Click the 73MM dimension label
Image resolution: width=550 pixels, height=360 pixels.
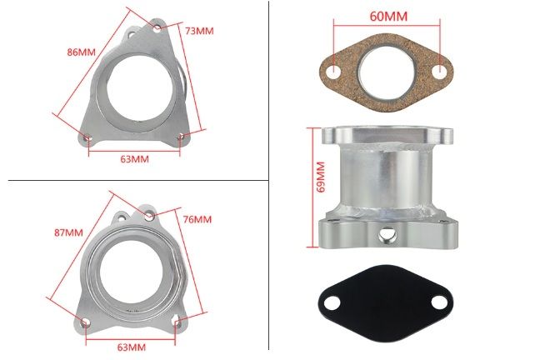pos(199,30)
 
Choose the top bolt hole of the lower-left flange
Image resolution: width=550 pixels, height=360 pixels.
pos(149,216)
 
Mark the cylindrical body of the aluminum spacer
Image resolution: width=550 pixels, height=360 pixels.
pos(387,179)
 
